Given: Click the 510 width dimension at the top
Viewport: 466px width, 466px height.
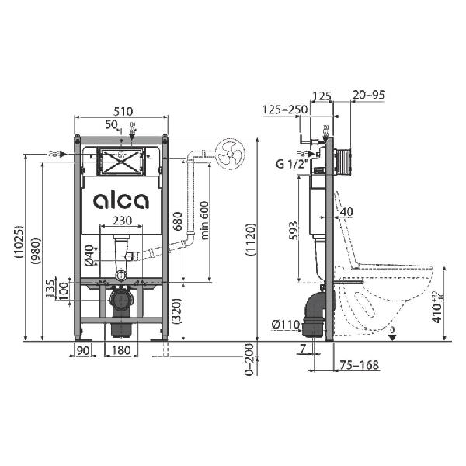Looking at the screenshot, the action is point(123,111).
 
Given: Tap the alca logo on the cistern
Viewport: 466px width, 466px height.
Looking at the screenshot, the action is point(121,201).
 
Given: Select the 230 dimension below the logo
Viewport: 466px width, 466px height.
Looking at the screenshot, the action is point(122,221).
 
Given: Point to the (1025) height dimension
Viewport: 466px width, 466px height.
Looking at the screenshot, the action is point(19,242).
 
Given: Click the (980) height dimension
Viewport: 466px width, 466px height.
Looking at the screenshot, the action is point(37,251).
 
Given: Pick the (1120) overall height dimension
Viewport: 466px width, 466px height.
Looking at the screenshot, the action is point(251,239).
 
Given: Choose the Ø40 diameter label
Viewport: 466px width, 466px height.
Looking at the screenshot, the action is point(89,255).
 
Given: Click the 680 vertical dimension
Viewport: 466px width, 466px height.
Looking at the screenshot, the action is point(177,221).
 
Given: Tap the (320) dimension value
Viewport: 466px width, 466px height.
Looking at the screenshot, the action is point(176,311).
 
